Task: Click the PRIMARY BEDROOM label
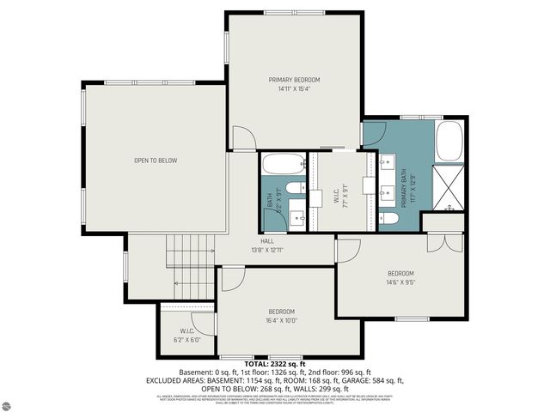[x=293, y=79]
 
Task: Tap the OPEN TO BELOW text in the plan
[x=156, y=161]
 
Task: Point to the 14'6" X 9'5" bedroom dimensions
[x=400, y=282]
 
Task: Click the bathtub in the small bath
[x=283, y=163]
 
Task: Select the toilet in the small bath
[x=294, y=188]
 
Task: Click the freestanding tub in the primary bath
[x=449, y=142]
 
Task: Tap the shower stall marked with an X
[x=449, y=188]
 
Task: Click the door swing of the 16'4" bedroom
[x=232, y=278]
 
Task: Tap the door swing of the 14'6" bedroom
[x=348, y=250]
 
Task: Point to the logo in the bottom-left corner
[x=11, y=403]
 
